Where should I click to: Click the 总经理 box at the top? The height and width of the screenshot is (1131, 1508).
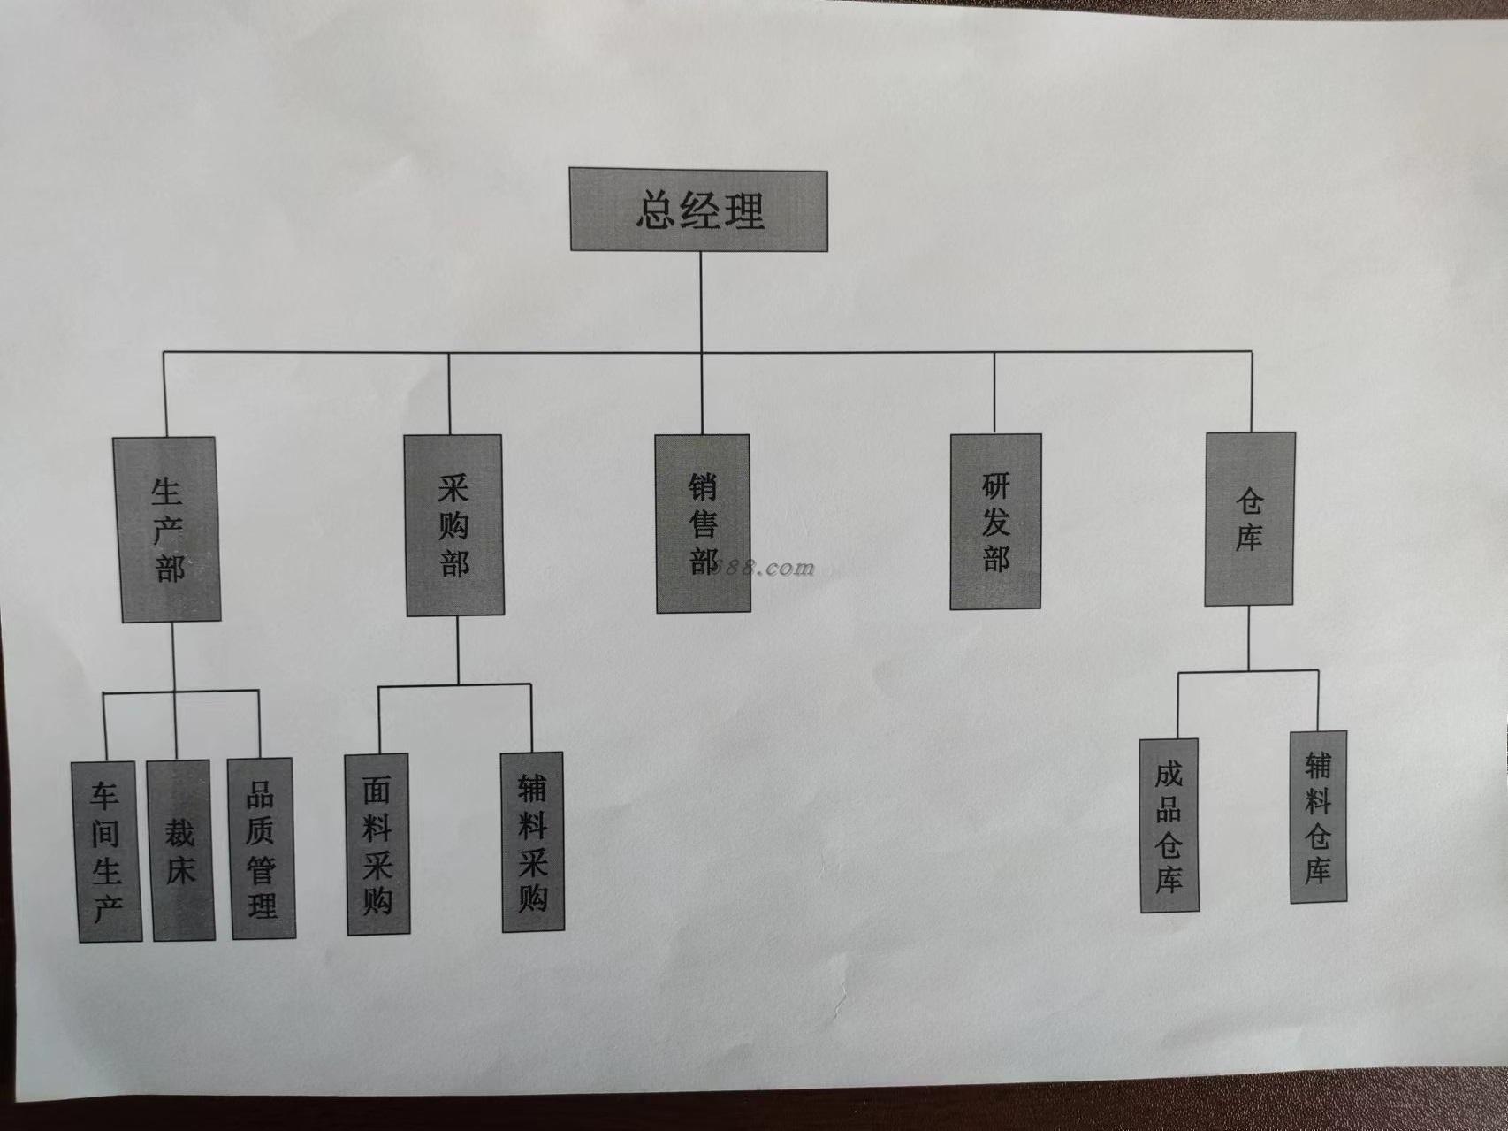pos(698,210)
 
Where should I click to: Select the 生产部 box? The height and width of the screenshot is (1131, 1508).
pos(168,529)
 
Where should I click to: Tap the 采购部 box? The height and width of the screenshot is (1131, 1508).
pos(454,525)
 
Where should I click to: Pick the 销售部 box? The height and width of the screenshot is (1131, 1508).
pos(703,523)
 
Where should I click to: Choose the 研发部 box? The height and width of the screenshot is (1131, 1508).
pos(995,522)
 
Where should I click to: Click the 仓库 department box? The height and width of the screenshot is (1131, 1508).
pos(1249,519)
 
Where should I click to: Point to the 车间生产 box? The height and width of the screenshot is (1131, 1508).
pos(106,851)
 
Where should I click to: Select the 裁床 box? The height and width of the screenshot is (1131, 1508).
pos(180,849)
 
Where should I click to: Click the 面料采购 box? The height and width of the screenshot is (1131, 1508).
pos(377,843)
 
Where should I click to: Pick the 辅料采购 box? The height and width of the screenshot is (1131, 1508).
pos(532,841)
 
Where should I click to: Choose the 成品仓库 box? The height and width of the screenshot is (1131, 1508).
pos(1169,826)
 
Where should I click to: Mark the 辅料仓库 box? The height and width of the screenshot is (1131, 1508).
pos(1318,815)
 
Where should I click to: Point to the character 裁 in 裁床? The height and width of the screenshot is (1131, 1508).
pos(180,831)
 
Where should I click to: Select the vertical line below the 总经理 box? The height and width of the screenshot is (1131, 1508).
pos(701,302)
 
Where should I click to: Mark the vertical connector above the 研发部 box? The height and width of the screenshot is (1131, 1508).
pos(994,393)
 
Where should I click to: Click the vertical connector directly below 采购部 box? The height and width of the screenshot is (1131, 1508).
pos(457,650)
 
